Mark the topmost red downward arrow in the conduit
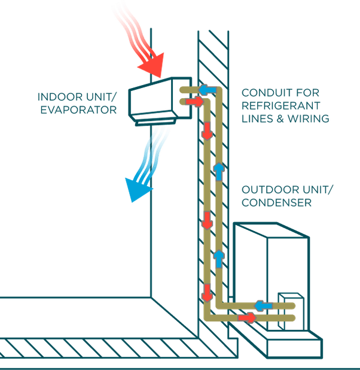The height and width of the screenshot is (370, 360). (x=207, y=132)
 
